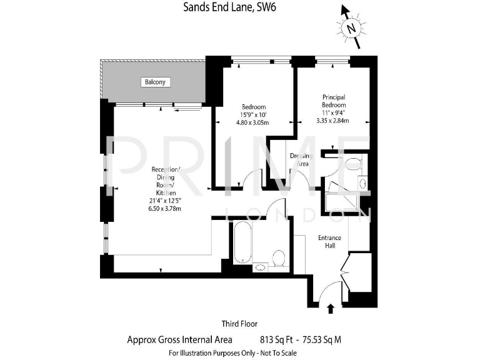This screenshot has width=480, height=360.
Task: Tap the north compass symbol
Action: (351, 27)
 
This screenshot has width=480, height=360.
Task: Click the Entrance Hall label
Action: (329, 241)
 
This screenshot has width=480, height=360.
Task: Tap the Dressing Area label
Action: (302, 159)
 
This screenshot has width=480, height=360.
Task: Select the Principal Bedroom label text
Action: (334, 101)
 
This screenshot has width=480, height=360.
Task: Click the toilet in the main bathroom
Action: (279, 257)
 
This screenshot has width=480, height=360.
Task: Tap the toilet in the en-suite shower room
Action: (354, 164)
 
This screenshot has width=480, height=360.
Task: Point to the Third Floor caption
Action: (239, 324)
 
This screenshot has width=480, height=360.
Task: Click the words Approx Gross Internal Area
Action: (179, 339)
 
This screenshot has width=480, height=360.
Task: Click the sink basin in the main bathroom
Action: (261, 267)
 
